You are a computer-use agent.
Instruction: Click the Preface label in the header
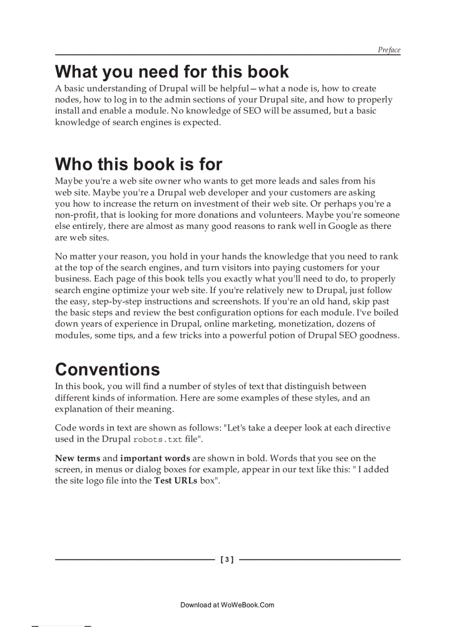(x=389, y=50)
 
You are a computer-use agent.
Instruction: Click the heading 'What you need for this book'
(x=172, y=72)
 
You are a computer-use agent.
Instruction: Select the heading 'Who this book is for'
(x=138, y=164)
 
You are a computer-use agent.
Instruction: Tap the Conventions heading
(x=107, y=370)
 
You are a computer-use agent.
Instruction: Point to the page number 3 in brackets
(x=227, y=559)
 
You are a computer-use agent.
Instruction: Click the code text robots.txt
(x=158, y=439)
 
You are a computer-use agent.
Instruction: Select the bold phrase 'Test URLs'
(x=176, y=481)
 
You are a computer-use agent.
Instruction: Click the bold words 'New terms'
(x=77, y=458)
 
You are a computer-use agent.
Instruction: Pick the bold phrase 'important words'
(x=155, y=458)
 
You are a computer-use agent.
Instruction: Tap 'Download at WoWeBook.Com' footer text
(x=227, y=605)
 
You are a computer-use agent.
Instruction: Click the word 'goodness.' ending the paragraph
(x=379, y=336)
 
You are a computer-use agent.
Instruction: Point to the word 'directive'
(x=372, y=428)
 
